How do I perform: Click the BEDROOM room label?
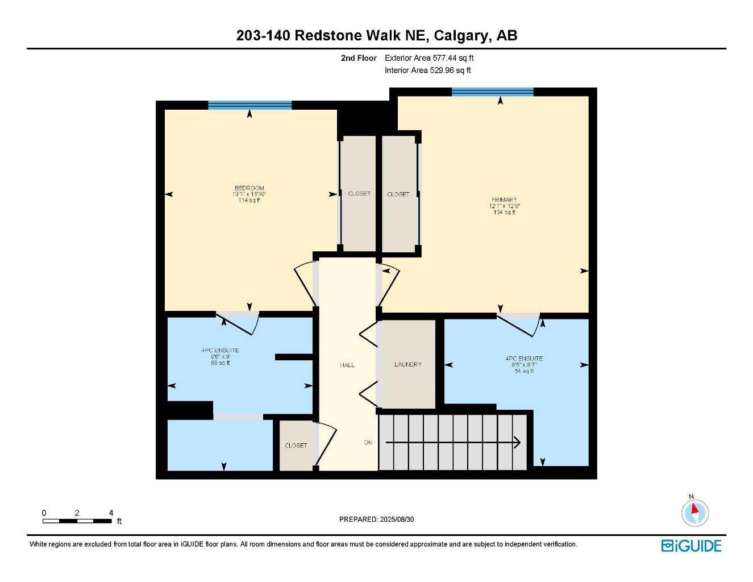249,188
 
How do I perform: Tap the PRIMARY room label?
504,200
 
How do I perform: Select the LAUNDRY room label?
407,364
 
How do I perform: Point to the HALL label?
347,365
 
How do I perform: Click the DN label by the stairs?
368,442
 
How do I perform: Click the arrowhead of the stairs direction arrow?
517,442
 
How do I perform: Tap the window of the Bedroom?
249,105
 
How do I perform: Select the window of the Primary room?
492,92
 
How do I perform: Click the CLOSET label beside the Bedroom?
359,194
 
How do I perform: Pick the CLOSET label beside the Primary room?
398,194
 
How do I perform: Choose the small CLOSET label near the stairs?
296,446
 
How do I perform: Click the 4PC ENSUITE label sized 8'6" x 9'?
221,351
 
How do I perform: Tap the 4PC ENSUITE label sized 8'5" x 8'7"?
524,359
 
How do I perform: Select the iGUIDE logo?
691,546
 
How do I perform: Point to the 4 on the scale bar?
111,513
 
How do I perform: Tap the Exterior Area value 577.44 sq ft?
429,58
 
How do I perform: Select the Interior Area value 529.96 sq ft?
428,70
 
